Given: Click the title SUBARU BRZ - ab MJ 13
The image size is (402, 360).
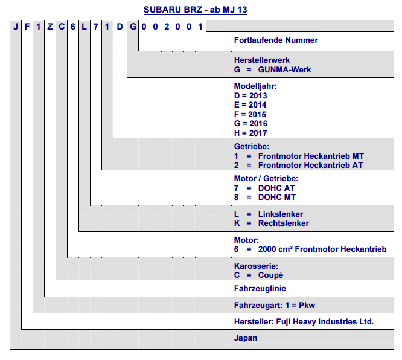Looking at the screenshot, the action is pyautogui.click(x=196, y=10).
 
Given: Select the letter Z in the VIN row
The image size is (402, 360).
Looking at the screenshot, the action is pyautogui.click(x=50, y=27).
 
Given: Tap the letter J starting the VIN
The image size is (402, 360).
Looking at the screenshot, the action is pyautogui.click(x=16, y=27).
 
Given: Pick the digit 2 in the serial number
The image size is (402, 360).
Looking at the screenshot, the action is pyautogui.click(x=167, y=27).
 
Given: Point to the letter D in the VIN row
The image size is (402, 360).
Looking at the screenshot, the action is pyautogui.click(x=120, y=27).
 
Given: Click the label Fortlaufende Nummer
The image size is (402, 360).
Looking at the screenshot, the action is pyautogui.click(x=276, y=40).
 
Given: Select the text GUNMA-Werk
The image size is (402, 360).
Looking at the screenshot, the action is pyautogui.click(x=284, y=70).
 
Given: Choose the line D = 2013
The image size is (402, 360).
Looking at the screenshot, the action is pyautogui.click(x=250, y=95).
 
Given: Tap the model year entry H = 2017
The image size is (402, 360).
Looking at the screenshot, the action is pyautogui.click(x=250, y=133).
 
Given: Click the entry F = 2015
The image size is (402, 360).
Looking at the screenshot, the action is pyautogui.click(x=250, y=114).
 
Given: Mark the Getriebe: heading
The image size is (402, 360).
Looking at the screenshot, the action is pyautogui.click(x=252, y=147).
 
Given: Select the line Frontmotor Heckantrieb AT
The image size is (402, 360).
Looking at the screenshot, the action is pyautogui.click(x=310, y=166).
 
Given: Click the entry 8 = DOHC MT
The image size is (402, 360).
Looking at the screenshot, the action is pyautogui.click(x=265, y=197).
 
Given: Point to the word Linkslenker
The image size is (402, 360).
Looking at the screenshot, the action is pyautogui.click(x=281, y=214).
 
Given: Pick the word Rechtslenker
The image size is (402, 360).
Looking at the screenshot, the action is pyautogui.click(x=283, y=223).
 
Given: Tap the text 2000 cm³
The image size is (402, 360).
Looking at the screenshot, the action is pyautogui.click(x=275, y=249).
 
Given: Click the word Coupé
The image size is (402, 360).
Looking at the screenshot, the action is pyautogui.click(x=270, y=275).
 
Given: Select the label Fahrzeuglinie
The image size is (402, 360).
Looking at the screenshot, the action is pyautogui.click(x=260, y=288).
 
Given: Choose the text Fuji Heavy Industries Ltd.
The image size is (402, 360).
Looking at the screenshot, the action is pyautogui.click(x=325, y=322).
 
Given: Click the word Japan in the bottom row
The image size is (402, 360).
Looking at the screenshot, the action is pyautogui.click(x=245, y=338).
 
